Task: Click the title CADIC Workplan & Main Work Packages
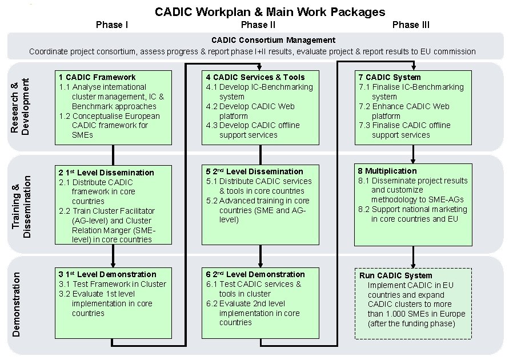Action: (270, 11)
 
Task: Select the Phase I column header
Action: (112, 25)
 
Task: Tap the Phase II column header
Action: (258, 25)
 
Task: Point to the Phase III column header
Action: (411, 25)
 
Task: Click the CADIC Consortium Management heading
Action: (273, 41)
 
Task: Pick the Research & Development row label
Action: (20, 107)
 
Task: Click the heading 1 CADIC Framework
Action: (97, 77)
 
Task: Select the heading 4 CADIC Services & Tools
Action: (255, 77)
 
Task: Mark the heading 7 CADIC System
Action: (390, 77)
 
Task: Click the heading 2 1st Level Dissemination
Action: (106, 173)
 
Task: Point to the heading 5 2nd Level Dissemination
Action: (254, 171)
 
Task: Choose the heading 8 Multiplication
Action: (387, 171)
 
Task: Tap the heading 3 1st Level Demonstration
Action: (107, 274)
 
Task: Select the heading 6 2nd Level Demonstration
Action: (255, 274)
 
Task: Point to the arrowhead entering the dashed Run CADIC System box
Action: (412, 265)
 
